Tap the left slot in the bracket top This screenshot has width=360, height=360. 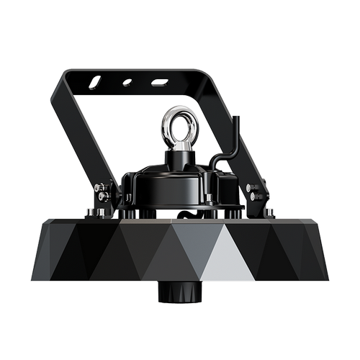point(96,84)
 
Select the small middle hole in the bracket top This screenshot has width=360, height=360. point(127,83)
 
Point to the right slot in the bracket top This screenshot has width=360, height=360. point(160,82)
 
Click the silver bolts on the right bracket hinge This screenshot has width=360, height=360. point(253,192)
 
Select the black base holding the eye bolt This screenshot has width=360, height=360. point(179,158)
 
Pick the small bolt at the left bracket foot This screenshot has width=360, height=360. point(91,212)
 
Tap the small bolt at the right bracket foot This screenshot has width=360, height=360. point(269,212)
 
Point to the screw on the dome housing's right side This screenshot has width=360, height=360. point(208,197)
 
